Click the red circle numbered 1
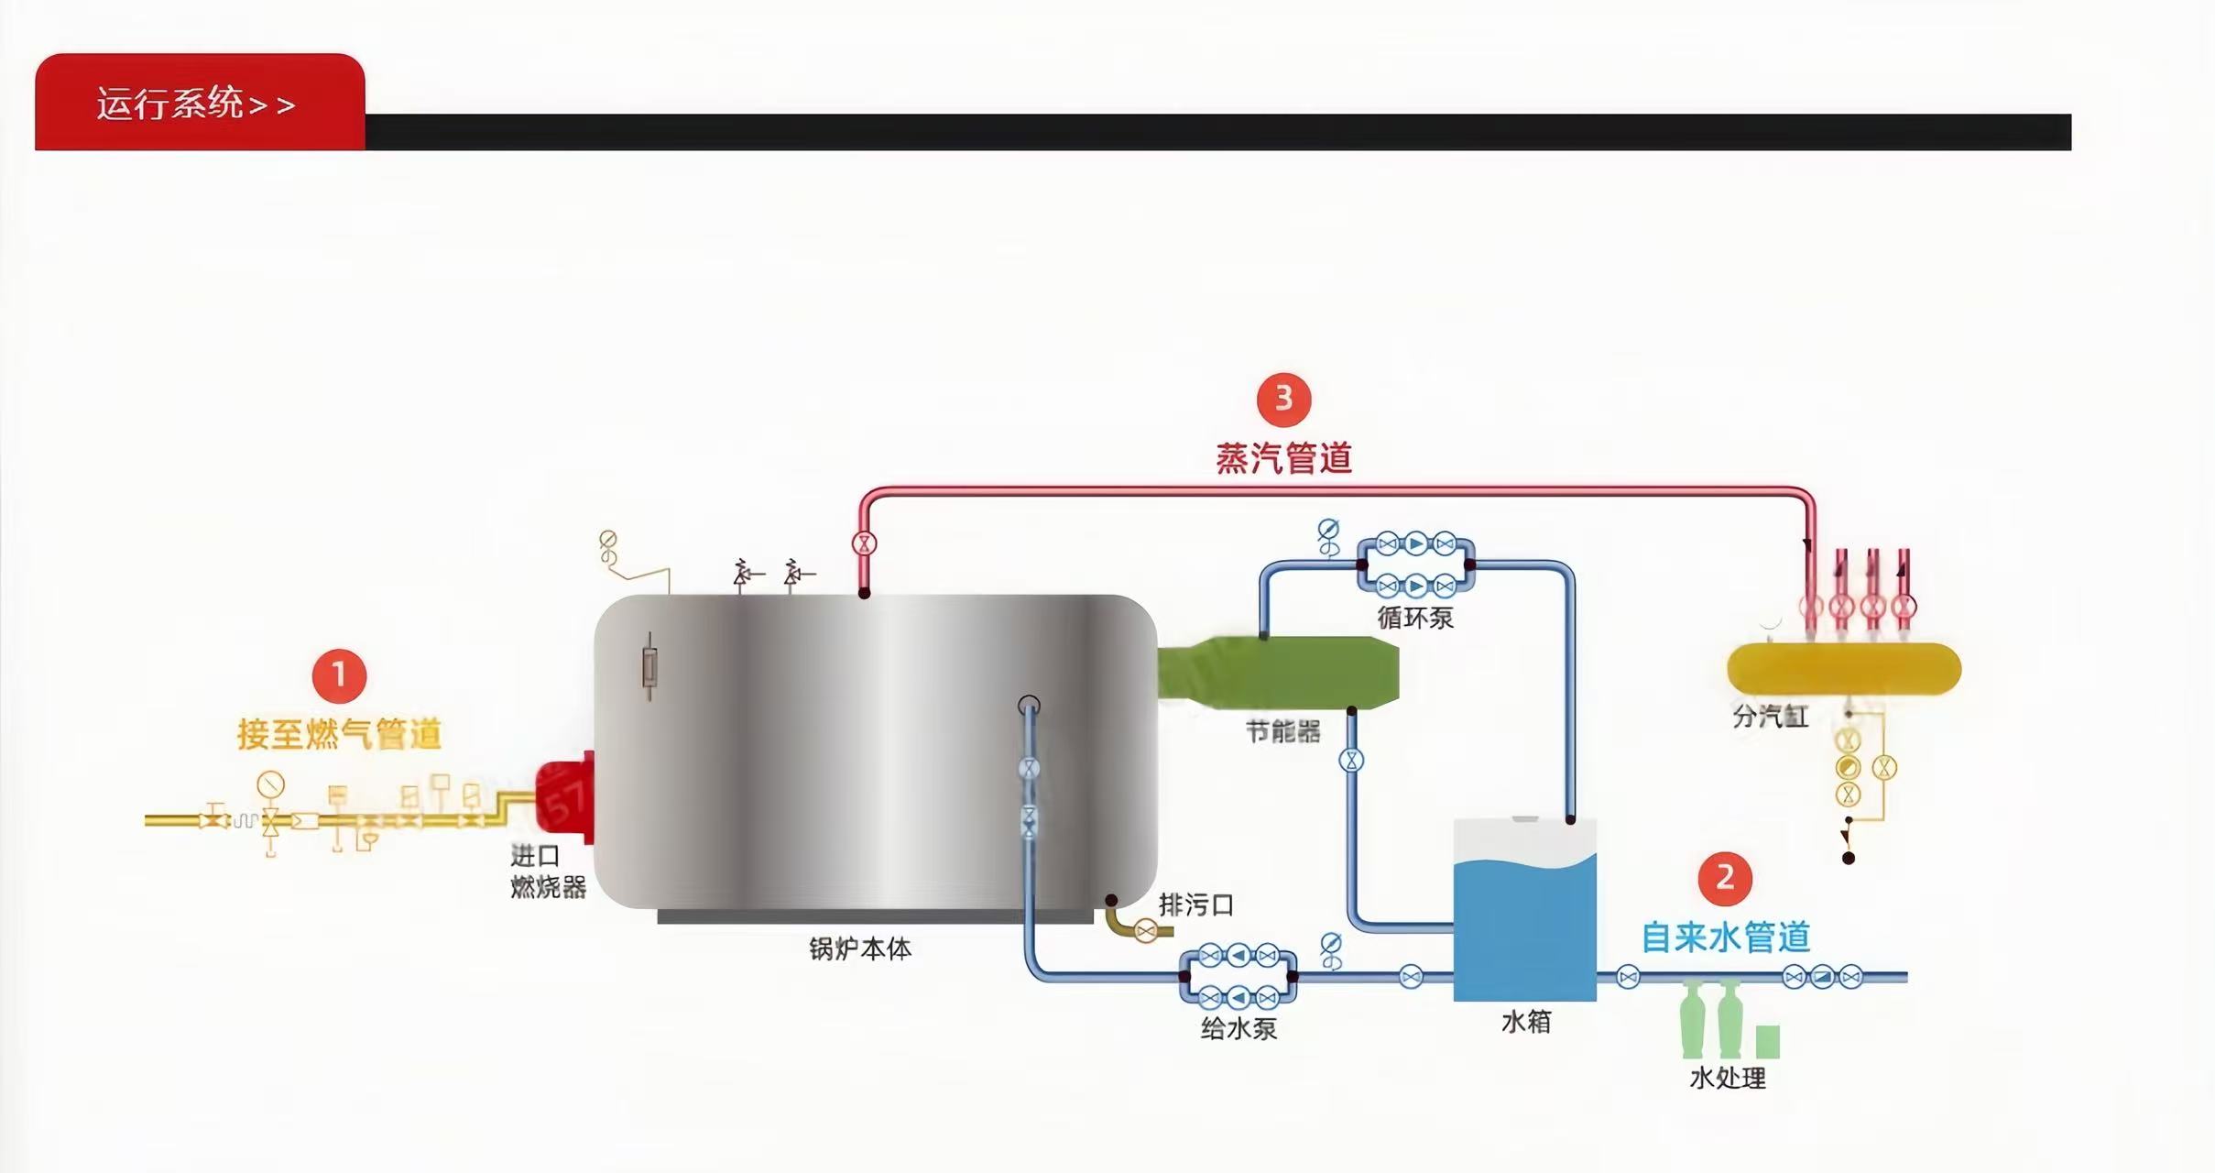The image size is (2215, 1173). (x=339, y=675)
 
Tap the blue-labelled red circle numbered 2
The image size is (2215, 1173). (x=1725, y=878)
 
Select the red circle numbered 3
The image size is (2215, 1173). (x=1283, y=399)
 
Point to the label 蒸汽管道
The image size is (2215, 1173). (x=1283, y=458)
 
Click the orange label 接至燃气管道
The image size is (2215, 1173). (x=339, y=734)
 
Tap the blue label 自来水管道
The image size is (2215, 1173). (x=1725, y=937)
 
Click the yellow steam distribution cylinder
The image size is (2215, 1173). (x=1843, y=669)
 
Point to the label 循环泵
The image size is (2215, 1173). (x=1415, y=618)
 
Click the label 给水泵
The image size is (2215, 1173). (x=1238, y=1028)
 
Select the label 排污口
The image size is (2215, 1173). (x=1195, y=905)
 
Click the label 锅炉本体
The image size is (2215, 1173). (x=859, y=948)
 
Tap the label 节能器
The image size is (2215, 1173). (x=1282, y=731)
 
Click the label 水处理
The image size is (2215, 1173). (x=1728, y=1078)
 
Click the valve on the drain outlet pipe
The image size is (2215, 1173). (x=1145, y=931)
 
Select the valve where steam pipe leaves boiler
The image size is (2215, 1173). (x=864, y=543)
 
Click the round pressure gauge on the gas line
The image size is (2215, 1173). (x=270, y=784)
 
